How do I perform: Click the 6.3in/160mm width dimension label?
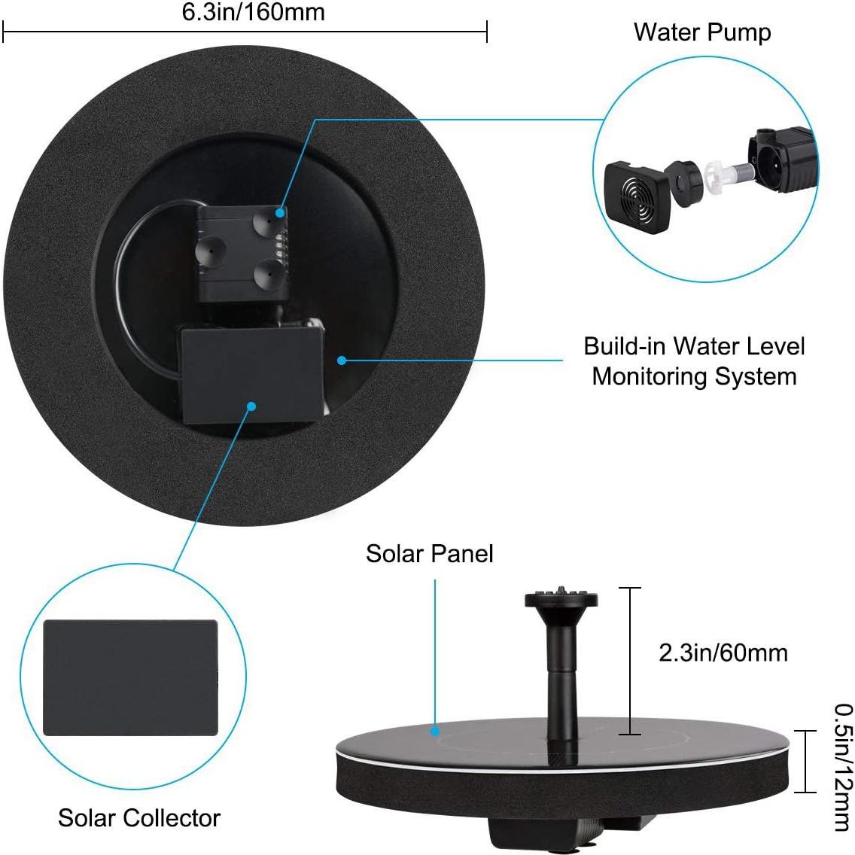click(x=254, y=12)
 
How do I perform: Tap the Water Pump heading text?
click(x=701, y=32)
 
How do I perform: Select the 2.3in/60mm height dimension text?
click(x=723, y=652)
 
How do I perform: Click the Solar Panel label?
click(x=429, y=553)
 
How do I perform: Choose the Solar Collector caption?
click(x=139, y=817)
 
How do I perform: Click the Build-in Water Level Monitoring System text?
click(x=694, y=361)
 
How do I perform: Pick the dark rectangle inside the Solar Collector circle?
click(x=130, y=677)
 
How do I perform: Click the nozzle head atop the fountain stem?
click(x=561, y=599)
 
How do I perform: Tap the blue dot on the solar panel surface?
click(x=435, y=729)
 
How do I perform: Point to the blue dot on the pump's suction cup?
click(x=281, y=214)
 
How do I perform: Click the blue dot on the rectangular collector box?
click(x=251, y=406)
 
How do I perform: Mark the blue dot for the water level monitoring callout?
click(x=341, y=361)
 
